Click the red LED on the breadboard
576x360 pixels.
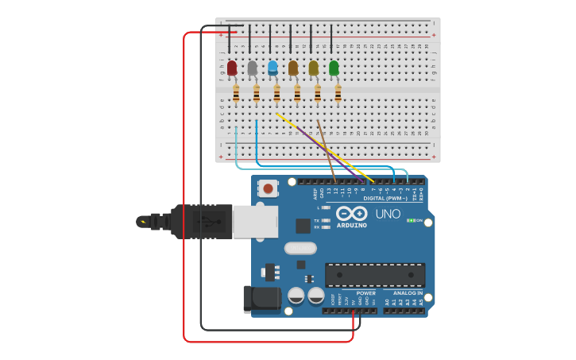[x=232, y=68]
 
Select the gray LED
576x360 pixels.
[x=253, y=68]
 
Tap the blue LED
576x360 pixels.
[x=273, y=68]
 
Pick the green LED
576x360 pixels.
[x=334, y=68]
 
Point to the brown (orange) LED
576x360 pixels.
[x=293, y=68]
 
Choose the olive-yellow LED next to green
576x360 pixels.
[x=314, y=68]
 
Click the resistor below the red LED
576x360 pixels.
[x=236, y=94]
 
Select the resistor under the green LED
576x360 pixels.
[x=338, y=94]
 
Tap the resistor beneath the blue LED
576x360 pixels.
[x=276, y=94]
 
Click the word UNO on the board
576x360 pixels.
[x=388, y=214]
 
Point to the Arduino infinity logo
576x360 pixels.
[x=350, y=214]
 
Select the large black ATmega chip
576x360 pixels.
[x=375, y=275]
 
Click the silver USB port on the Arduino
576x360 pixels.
[x=255, y=222]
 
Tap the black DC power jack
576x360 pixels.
[x=263, y=299]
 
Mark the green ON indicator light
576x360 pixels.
[x=411, y=220]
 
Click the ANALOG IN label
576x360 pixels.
[x=408, y=293]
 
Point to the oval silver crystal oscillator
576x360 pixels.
[x=301, y=248]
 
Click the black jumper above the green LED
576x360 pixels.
[x=331, y=39]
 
